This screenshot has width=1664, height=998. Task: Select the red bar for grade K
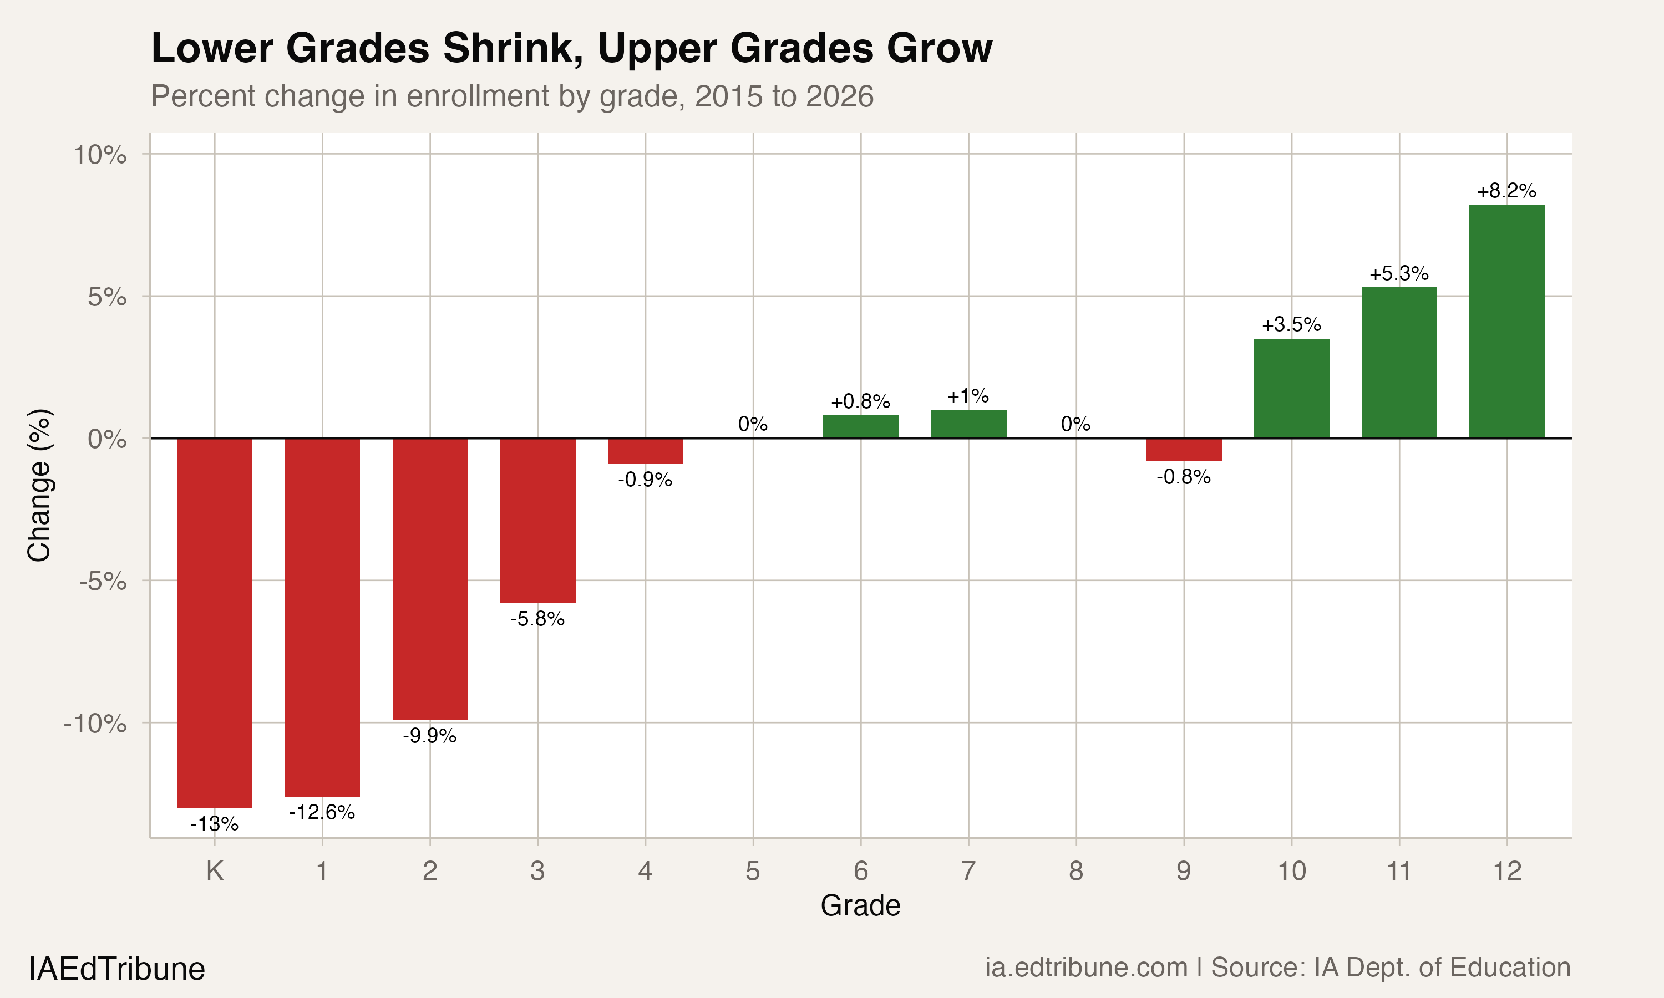215,622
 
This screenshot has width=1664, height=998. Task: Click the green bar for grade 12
1506,322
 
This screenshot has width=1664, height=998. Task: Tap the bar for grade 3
537,521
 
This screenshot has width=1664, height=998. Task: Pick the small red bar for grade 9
1184,449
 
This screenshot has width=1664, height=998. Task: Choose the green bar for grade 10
1291,388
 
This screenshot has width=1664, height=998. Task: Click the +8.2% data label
1506,191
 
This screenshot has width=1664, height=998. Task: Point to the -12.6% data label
322,812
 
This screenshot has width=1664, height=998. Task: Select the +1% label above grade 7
968,396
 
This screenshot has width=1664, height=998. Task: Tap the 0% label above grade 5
753,424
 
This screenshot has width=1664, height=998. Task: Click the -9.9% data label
430,736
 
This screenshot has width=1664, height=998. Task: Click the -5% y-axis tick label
102,581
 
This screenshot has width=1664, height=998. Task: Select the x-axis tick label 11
1399,871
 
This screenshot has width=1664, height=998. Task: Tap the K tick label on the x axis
215,871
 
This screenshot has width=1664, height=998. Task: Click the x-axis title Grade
860,906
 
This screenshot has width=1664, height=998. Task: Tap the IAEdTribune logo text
117,969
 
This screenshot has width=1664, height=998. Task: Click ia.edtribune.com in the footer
1085,968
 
